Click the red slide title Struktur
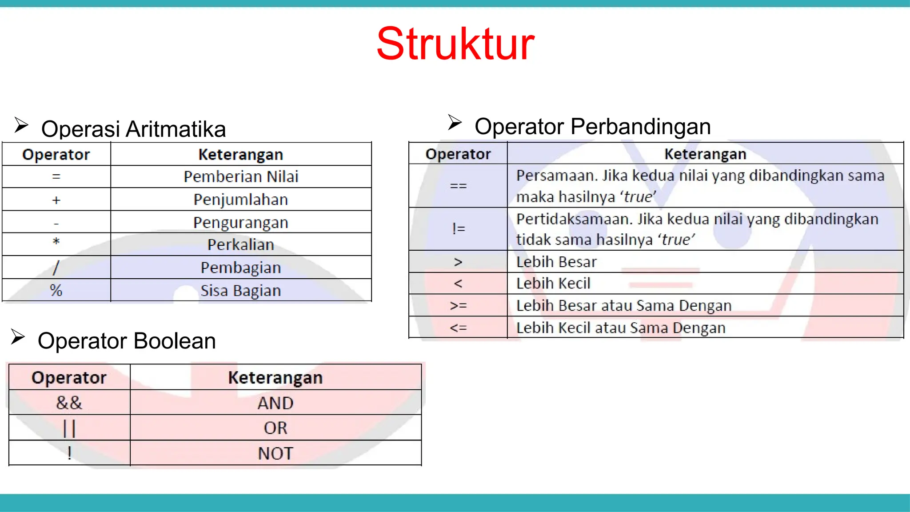[455, 44]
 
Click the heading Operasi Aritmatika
[133, 129]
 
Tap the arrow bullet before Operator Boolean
[18, 337]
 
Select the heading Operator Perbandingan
[592, 127]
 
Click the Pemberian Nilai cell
[241, 177]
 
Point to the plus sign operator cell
[56, 200]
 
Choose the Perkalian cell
[241, 245]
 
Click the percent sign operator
[56, 291]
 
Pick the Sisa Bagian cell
[241, 291]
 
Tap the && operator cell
[69, 403]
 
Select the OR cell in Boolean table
[275, 428]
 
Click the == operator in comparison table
[458, 186]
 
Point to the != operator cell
[458, 229]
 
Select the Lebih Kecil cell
[553, 284]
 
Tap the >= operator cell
[458, 306]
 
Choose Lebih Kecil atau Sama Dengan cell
[621, 328]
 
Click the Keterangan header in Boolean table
[275, 378]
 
